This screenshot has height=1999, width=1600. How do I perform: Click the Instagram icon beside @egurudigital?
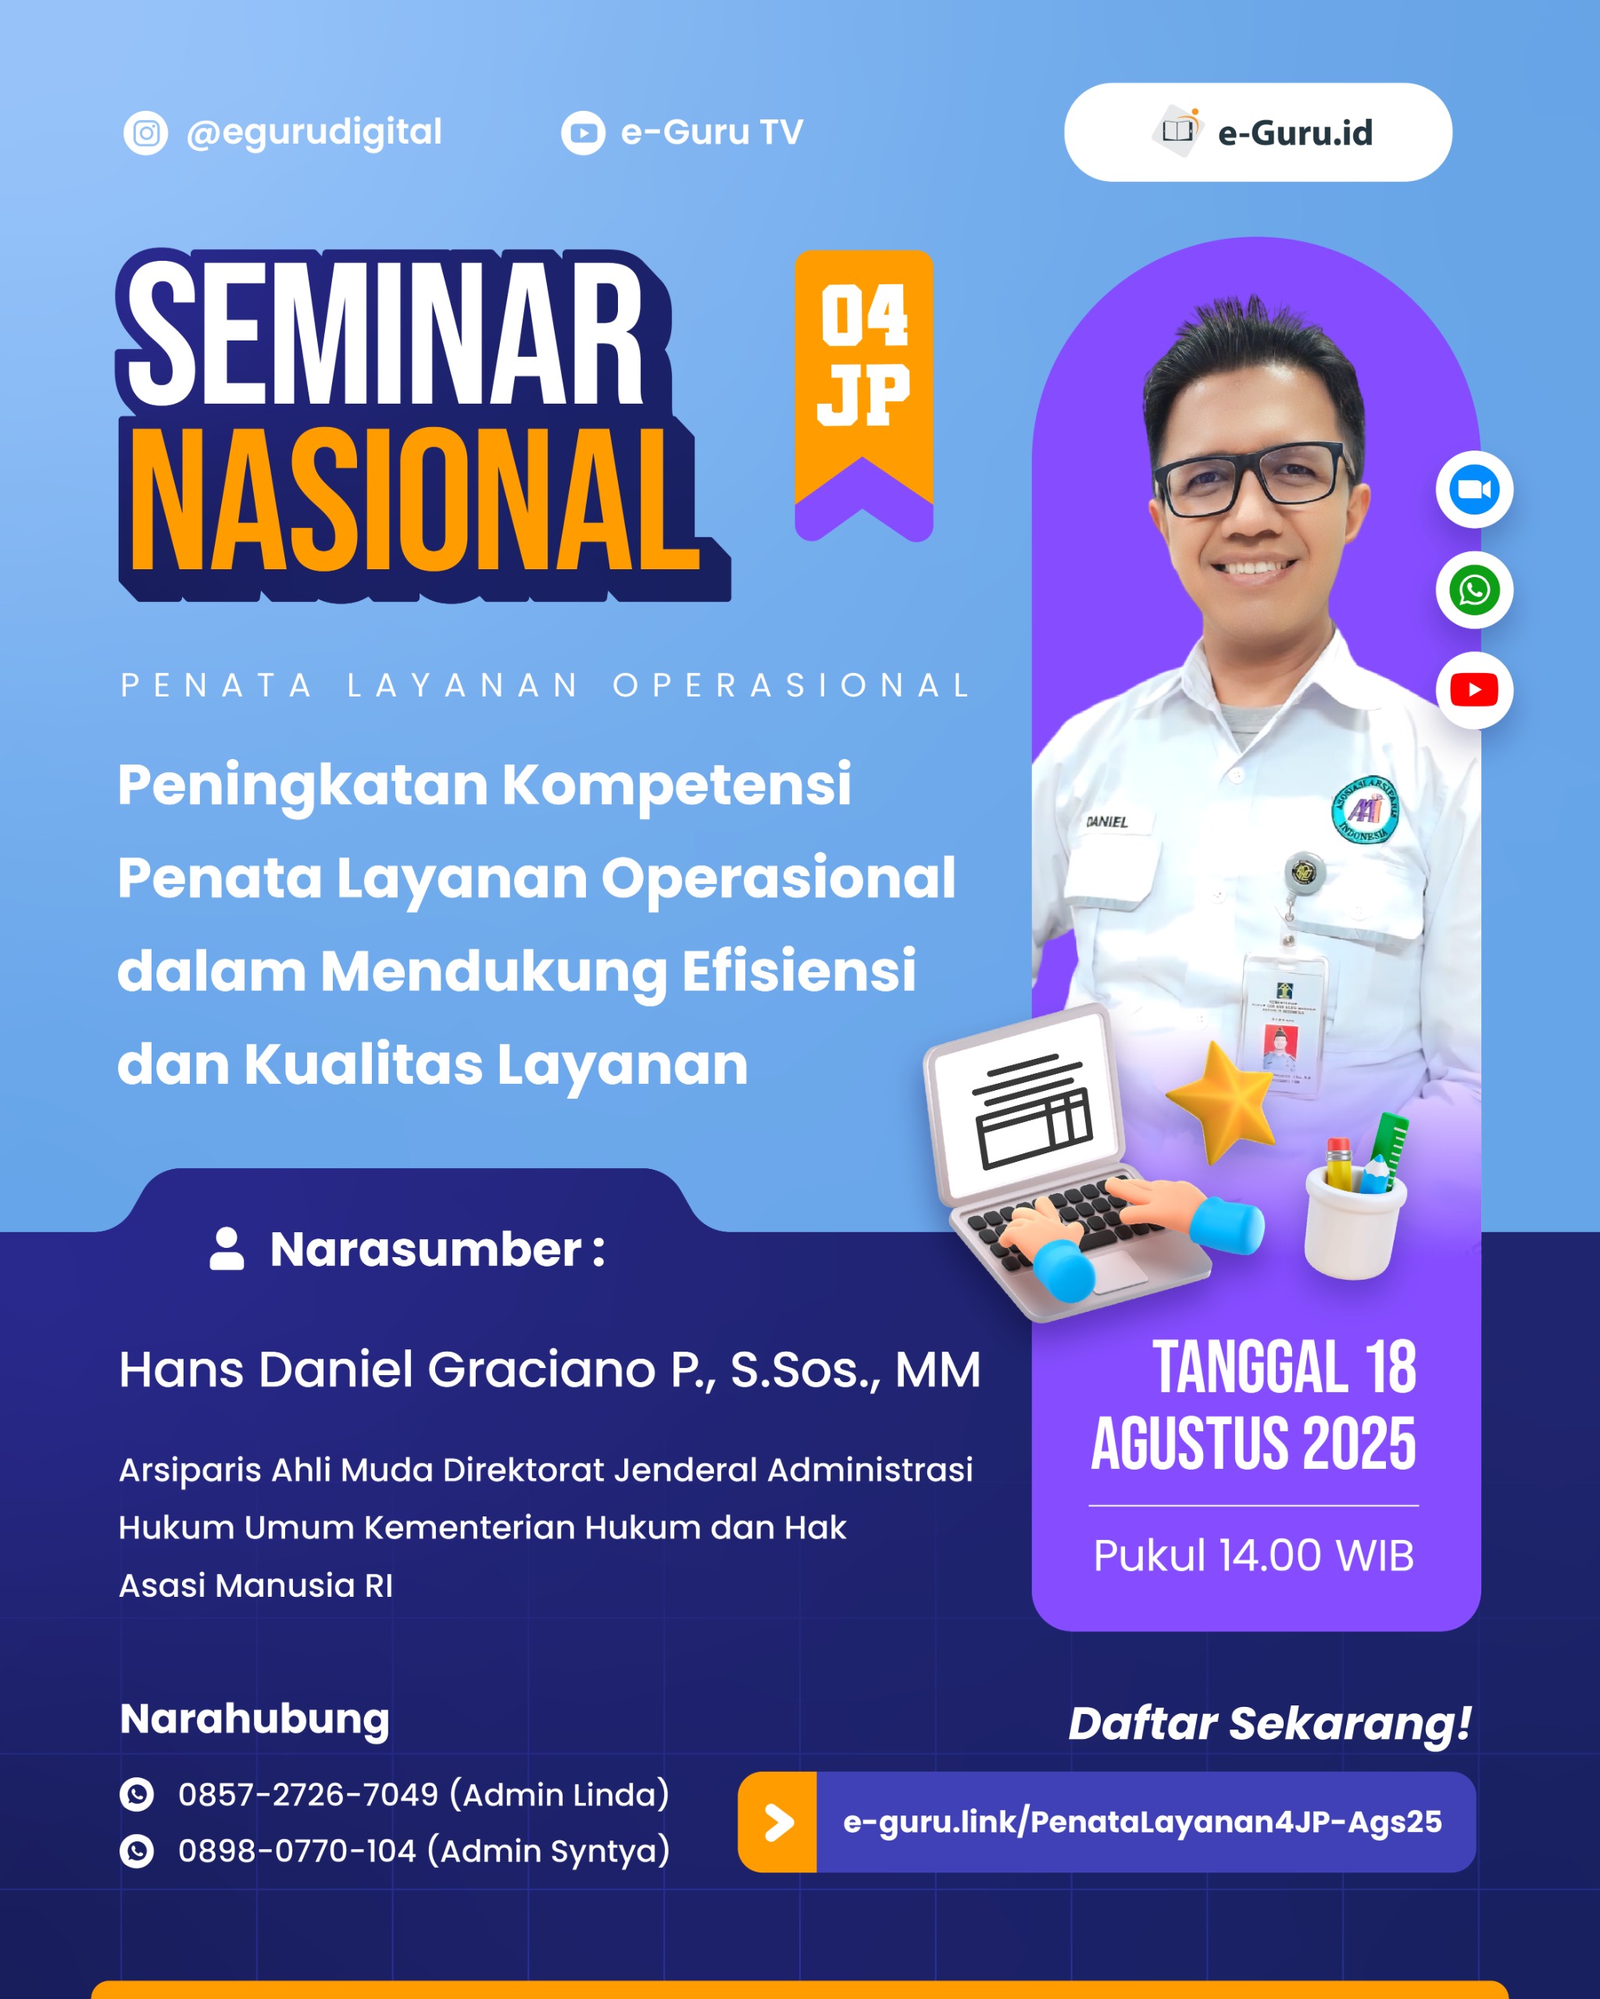(145, 133)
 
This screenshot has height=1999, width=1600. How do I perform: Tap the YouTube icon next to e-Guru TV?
(583, 133)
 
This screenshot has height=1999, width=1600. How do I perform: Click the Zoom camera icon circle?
(1474, 490)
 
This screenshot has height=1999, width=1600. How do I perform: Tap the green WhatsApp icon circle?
(1474, 590)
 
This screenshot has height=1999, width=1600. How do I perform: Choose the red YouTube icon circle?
(1474, 689)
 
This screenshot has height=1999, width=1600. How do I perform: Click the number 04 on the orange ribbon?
(863, 315)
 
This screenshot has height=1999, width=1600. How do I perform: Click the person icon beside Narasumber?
(227, 1249)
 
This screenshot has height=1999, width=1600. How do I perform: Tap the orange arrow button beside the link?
(777, 1822)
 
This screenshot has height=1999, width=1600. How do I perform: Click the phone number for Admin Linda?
(308, 1794)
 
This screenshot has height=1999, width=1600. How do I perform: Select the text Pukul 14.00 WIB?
(1253, 1555)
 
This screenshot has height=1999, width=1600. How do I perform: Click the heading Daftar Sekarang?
(1269, 1723)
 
